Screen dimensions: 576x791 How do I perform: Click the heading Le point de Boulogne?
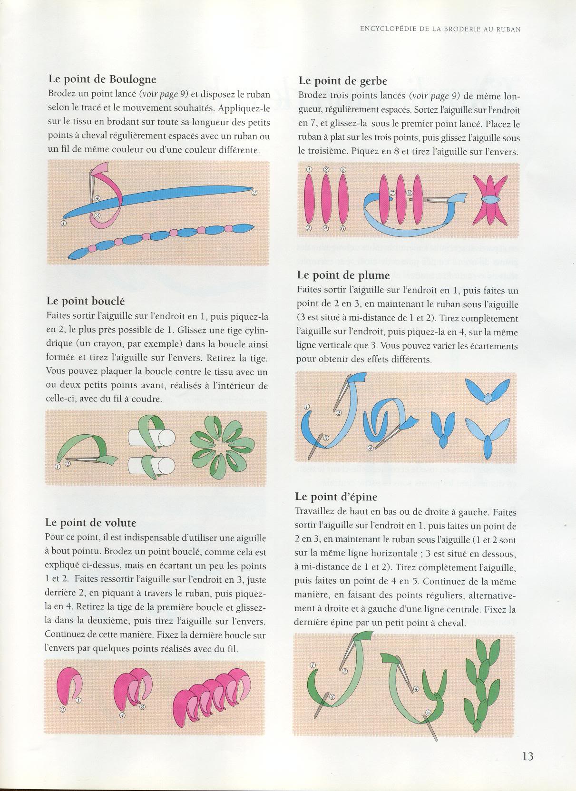(x=102, y=79)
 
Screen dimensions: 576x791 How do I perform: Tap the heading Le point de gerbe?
(x=343, y=81)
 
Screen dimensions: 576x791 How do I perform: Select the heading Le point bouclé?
(x=86, y=301)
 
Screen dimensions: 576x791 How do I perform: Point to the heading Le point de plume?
(x=343, y=275)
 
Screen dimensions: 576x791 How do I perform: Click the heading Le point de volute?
(x=91, y=523)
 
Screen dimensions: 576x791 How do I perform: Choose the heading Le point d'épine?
(x=336, y=497)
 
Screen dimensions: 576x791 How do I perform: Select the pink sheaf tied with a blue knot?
(x=490, y=200)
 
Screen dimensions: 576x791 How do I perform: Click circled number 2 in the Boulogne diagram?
(x=254, y=193)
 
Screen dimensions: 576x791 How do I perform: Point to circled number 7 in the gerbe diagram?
(x=392, y=193)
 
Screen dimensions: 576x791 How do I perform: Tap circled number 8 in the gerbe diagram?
(x=409, y=193)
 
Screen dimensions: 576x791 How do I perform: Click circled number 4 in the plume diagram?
(x=371, y=448)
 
